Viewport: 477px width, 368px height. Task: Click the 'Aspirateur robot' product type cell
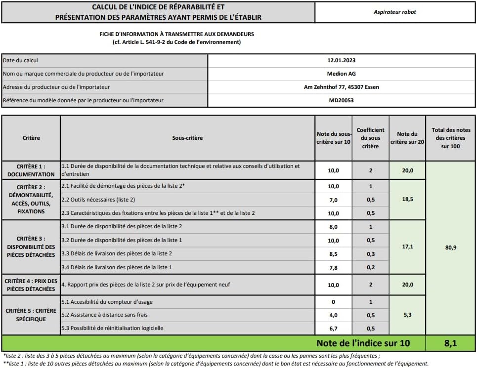point(394,12)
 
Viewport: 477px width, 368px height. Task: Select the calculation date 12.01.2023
point(341,60)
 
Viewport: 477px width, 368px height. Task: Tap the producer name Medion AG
point(341,74)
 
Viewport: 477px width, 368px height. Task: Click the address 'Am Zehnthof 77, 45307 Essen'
point(341,87)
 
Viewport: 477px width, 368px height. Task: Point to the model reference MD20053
point(341,100)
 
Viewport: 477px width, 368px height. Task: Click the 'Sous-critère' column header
point(187,138)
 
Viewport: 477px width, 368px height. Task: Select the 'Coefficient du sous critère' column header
point(370,138)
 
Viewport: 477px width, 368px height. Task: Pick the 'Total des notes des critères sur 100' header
point(451,138)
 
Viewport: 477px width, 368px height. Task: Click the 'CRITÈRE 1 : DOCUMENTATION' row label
point(31,170)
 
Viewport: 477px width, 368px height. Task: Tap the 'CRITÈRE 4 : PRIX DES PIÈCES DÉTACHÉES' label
point(31,285)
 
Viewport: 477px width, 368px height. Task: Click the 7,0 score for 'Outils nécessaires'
point(333,200)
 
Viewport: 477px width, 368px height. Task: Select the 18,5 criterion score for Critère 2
point(407,200)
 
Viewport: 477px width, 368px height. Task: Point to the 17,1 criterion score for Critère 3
point(407,247)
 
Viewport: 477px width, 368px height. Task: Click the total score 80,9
point(451,247)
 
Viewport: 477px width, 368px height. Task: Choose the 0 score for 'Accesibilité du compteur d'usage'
point(333,302)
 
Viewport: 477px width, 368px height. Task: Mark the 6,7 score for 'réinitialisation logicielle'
point(333,328)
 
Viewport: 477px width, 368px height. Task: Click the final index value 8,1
point(451,343)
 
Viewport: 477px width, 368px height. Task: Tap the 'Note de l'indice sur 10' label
point(363,343)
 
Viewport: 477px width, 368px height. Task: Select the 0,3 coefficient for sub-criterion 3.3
point(370,254)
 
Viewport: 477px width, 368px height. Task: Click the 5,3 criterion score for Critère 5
point(407,315)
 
